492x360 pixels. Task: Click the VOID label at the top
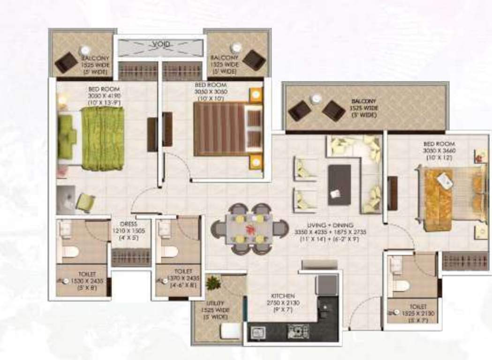[161, 45]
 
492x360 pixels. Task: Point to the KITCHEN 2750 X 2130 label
[283, 300]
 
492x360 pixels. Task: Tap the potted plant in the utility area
[213, 283]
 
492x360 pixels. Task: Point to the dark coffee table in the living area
[340, 184]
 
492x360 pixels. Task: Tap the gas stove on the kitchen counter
[298, 331]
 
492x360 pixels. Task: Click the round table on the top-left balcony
[85, 50]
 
